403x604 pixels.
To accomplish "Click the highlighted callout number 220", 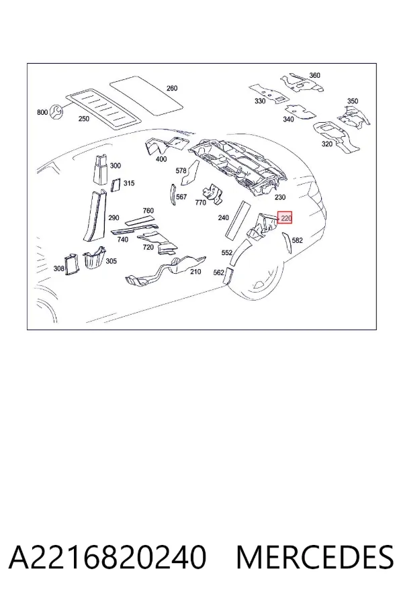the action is click(x=285, y=218).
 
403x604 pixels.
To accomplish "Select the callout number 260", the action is click(x=172, y=88).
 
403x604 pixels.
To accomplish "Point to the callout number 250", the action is click(x=84, y=119).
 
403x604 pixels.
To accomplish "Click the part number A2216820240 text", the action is click(x=107, y=557).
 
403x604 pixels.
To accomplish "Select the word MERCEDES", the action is click(x=315, y=557).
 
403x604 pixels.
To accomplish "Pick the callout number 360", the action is click(x=315, y=75).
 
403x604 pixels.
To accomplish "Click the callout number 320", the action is click(x=326, y=144).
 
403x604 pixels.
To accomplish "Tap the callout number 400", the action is click(x=161, y=158).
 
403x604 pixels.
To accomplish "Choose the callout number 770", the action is click(x=201, y=202).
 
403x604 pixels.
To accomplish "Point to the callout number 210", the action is click(x=195, y=272).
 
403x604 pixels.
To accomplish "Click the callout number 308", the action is click(x=58, y=268).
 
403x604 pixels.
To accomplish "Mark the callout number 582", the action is click(x=298, y=240).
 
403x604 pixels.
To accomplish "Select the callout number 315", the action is click(x=129, y=183).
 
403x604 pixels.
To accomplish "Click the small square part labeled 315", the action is click(x=116, y=185).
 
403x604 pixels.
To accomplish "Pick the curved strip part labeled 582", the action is click(x=287, y=243).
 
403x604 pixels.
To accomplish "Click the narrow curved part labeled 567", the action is click(x=172, y=195).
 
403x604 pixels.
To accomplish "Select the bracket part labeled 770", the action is click(x=212, y=193).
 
